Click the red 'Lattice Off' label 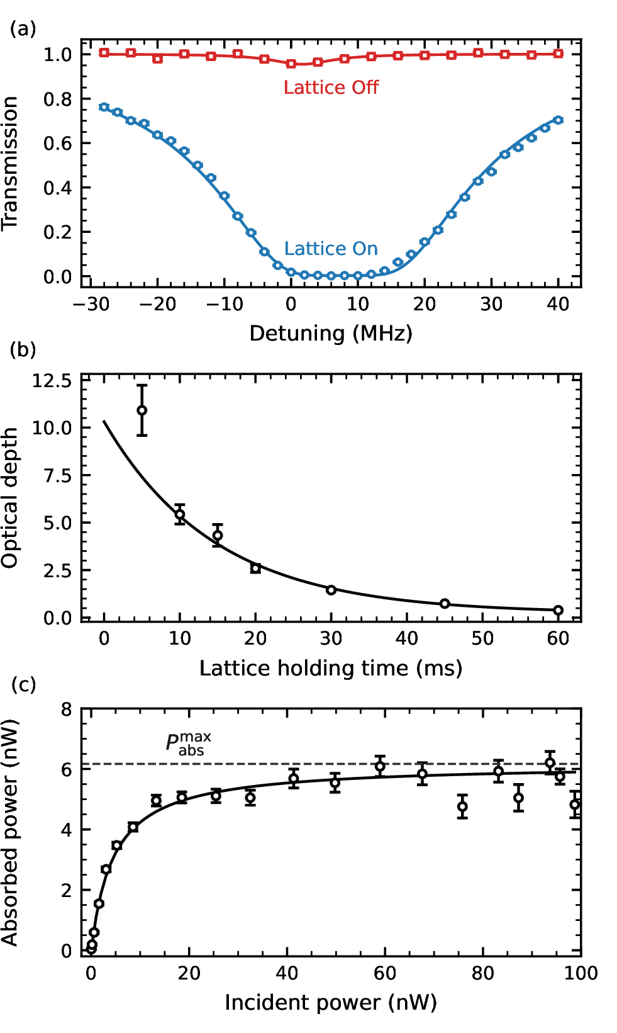[331, 87]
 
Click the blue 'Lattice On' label [331, 249]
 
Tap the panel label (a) [23, 29]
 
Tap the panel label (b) [23, 350]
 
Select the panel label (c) [23, 685]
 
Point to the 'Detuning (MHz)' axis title [331, 333]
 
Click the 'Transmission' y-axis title [10, 164]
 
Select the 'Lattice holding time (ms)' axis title [331, 668]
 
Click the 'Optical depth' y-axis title [10, 498]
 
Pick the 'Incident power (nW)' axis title [331, 1003]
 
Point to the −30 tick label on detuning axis [91, 305]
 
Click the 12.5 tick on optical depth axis [53, 381]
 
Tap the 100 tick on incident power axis [580, 974]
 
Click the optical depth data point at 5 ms [142, 410]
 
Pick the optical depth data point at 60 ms [558, 610]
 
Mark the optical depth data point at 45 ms [445, 604]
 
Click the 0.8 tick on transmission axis [58, 99]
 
